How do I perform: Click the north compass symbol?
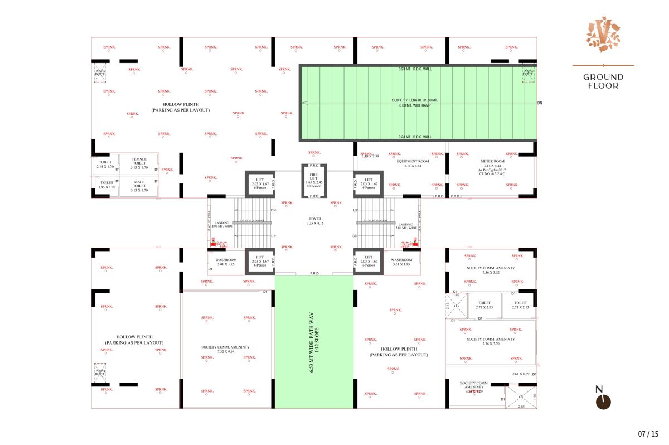(x=603, y=399)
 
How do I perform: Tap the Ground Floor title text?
(x=603, y=81)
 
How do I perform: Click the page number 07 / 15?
(x=648, y=433)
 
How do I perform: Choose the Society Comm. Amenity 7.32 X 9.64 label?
(x=225, y=350)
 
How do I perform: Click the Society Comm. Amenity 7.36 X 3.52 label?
(x=491, y=270)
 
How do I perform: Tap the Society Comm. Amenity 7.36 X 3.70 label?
(x=491, y=341)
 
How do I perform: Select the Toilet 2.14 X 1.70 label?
(x=104, y=165)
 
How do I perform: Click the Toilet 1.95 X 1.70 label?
(x=106, y=185)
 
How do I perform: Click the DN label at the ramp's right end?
(x=539, y=103)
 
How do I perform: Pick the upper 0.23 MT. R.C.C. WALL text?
(x=415, y=69)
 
